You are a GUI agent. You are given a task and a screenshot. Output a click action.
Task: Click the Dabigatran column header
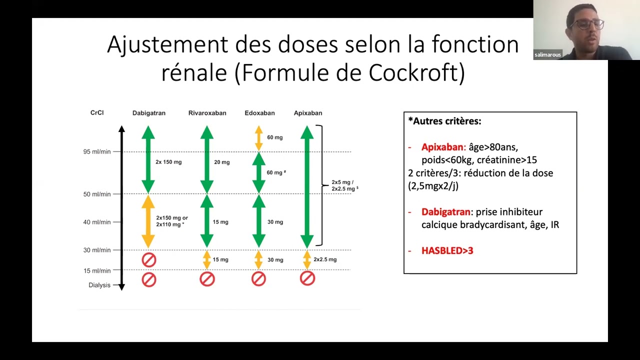(x=148, y=113)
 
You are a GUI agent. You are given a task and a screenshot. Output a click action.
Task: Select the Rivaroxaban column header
(x=207, y=113)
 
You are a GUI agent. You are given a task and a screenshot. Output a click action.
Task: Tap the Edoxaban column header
(x=259, y=113)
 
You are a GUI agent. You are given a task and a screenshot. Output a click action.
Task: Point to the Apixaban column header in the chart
(x=308, y=113)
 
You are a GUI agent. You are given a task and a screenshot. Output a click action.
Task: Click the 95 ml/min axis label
(x=97, y=151)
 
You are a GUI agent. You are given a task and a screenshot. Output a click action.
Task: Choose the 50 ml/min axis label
(x=97, y=194)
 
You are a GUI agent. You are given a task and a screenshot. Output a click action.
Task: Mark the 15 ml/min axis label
(x=97, y=270)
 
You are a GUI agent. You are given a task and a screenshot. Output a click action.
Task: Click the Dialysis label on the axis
(x=99, y=285)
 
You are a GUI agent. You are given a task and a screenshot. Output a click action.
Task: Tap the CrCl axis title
(x=97, y=112)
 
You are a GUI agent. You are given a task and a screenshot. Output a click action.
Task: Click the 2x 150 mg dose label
(x=168, y=162)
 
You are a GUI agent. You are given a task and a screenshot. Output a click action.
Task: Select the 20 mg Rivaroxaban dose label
(x=222, y=162)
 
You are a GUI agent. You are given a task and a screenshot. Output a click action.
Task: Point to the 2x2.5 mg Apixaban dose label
(x=325, y=259)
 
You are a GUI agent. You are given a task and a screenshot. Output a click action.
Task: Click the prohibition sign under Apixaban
(x=307, y=278)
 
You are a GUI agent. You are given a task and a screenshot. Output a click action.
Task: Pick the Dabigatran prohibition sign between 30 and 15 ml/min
(x=149, y=260)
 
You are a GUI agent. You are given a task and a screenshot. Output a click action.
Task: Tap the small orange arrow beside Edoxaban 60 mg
(x=258, y=138)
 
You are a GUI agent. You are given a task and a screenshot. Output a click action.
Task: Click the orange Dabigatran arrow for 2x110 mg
(x=148, y=221)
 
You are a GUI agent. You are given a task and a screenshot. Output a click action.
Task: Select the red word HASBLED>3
(x=447, y=250)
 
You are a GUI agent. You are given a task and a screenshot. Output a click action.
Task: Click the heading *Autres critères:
(x=444, y=121)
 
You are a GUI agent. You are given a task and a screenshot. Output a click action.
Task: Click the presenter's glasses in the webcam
(x=587, y=24)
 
